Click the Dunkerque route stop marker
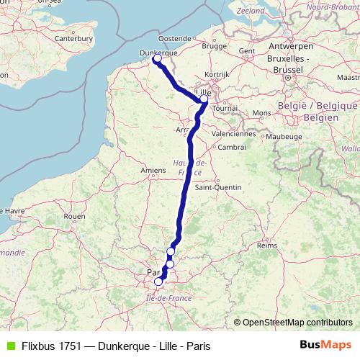pos(157,59)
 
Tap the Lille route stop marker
pos(204,99)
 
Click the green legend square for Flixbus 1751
pos(9,346)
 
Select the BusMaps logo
pos(327,345)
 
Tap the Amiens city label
pos(153,170)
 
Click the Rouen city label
pos(74,216)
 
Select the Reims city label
pos(267,246)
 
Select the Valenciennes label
pos(234,133)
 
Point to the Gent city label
pos(247,51)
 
